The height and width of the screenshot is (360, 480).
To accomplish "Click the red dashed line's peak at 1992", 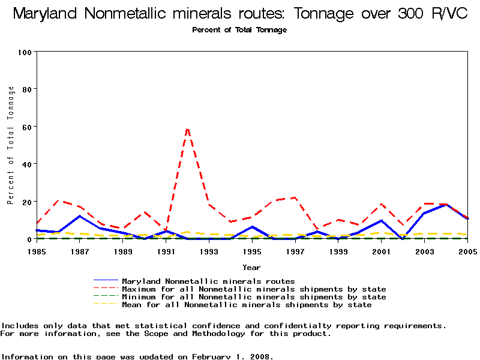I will [187, 128].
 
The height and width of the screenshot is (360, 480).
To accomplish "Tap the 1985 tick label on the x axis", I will [37, 251].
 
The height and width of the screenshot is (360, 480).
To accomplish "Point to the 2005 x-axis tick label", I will [467, 251].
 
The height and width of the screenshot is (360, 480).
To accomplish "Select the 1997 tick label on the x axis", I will [295, 251].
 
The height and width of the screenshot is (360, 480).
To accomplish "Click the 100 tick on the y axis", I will [24, 52].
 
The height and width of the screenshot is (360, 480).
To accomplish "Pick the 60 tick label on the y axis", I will [26, 127].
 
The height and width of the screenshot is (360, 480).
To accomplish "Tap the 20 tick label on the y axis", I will [26, 202].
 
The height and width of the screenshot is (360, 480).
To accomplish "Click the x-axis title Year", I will [251, 267].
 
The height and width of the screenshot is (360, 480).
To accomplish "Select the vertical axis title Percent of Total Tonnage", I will [11, 145].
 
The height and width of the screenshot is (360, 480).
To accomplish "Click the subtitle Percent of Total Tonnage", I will [239, 30].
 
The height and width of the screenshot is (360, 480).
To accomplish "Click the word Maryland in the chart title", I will [49, 13].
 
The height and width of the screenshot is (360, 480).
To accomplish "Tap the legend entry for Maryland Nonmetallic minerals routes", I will [208, 281].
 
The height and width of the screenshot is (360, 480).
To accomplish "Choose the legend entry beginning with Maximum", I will [254, 289].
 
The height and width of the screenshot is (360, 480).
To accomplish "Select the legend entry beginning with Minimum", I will [254, 297].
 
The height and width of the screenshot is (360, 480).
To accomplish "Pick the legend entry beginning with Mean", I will [247, 305].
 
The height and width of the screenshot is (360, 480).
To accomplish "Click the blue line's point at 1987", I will [80, 216].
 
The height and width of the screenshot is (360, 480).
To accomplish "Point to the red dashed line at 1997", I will [295, 197].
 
